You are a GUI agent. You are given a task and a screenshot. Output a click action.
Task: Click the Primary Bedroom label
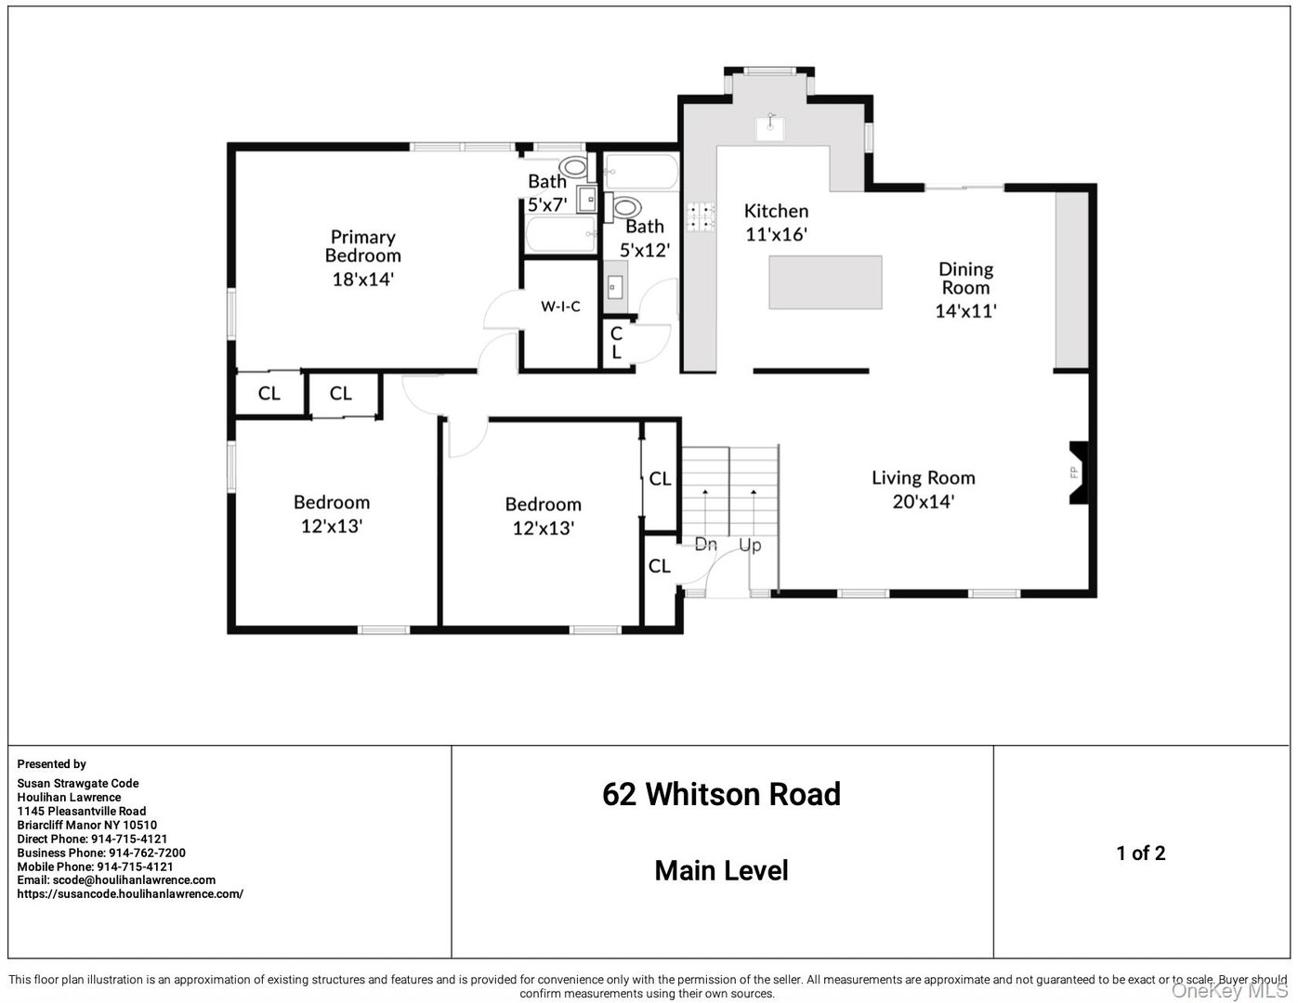point(362,246)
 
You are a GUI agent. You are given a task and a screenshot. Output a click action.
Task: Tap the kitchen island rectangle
point(825,282)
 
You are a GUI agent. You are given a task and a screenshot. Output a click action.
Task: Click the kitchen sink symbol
point(769,126)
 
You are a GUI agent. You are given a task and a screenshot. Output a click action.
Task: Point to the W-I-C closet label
point(560,306)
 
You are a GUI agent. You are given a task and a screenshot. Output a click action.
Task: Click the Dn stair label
point(706,544)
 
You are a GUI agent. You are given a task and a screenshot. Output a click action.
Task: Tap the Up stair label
point(750,544)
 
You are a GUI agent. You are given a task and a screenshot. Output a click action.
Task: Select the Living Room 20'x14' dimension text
point(923,502)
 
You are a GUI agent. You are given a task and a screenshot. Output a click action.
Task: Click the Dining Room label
point(965,278)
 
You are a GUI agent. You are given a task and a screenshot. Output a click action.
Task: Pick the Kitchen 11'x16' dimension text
point(776,235)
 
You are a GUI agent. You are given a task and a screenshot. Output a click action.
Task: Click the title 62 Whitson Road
point(721,795)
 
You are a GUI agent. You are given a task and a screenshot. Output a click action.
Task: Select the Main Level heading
point(721,871)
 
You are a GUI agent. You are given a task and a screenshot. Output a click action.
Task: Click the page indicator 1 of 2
point(1140,853)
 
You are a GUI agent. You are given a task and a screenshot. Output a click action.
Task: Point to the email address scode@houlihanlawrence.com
point(116,880)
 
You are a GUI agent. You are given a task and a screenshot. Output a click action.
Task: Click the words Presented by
point(51,764)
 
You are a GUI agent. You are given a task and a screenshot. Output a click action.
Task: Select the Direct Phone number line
point(92,839)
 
